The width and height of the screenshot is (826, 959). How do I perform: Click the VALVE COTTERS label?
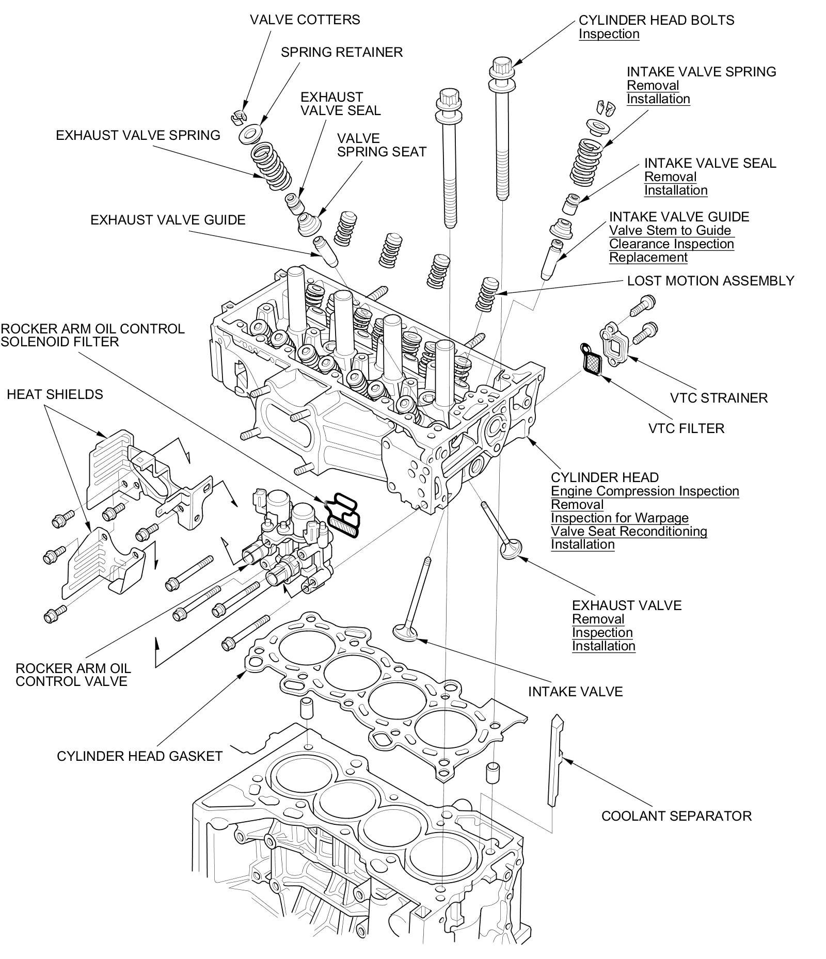(305, 20)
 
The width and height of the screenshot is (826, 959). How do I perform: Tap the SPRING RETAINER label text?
(341, 52)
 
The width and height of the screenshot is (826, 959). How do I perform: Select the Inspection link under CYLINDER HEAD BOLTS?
(609, 34)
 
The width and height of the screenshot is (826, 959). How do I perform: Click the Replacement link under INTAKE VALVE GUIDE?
(648, 257)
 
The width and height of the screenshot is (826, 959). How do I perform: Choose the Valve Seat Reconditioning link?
(628, 531)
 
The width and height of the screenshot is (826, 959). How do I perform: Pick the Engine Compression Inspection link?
(644, 491)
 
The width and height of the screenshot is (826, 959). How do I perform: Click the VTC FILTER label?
(686, 428)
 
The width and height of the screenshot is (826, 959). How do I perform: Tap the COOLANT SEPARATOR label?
(676, 816)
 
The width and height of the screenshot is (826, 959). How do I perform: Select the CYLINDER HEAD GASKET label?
(139, 756)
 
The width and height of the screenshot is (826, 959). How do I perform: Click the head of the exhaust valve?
(511, 548)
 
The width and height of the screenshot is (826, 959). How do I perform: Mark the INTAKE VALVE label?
(575, 692)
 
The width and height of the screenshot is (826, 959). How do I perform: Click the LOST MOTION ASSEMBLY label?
(710, 281)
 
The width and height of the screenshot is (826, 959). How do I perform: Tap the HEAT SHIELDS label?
(55, 394)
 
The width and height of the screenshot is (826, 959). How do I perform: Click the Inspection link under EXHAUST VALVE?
(602, 632)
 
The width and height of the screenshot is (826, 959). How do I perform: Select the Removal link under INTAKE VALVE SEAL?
(670, 177)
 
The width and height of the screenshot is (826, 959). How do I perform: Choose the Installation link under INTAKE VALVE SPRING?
(658, 99)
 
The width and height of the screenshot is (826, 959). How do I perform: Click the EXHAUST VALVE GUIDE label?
(168, 220)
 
